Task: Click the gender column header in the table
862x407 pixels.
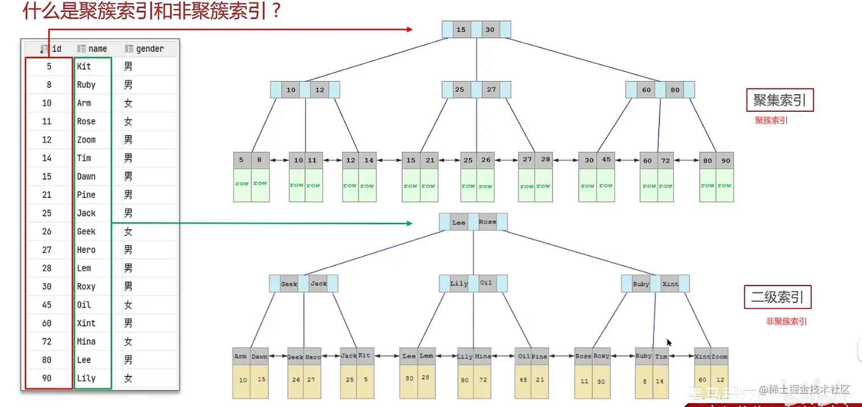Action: click(149, 49)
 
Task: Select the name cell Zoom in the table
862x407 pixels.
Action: click(87, 140)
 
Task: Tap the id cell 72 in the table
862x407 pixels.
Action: click(47, 341)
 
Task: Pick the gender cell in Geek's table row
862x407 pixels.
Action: click(128, 231)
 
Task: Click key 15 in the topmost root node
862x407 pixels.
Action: click(461, 30)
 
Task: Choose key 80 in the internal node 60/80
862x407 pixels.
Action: click(675, 90)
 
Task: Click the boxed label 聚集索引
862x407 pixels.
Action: click(779, 101)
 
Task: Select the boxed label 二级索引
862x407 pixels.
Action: click(777, 298)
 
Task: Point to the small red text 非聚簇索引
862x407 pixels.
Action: click(786, 321)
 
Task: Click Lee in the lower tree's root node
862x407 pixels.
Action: click(458, 222)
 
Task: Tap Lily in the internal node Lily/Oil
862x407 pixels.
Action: click(459, 283)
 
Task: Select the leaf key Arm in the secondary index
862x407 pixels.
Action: click(241, 356)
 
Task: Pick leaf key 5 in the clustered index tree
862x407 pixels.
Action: click(242, 160)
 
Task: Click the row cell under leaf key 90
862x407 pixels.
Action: click(725, 185)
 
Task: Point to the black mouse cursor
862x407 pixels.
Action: click(669, 342)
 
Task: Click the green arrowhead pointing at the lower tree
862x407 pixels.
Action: click(409, 223)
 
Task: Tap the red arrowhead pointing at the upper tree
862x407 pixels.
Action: click(409, 29)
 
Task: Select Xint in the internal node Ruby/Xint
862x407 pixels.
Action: click(670, 284)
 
